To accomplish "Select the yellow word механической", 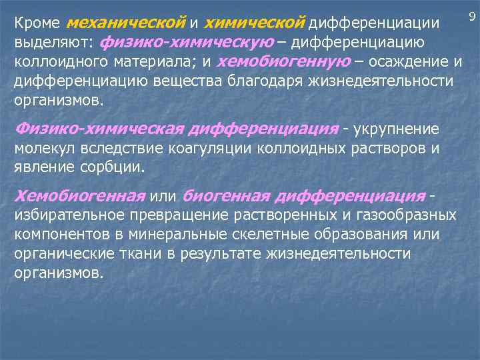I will tap(126, 23).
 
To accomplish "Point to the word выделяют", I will tap(51, 43).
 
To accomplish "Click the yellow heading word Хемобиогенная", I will tap(80, 196).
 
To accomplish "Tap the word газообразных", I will tap(408, 215).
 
